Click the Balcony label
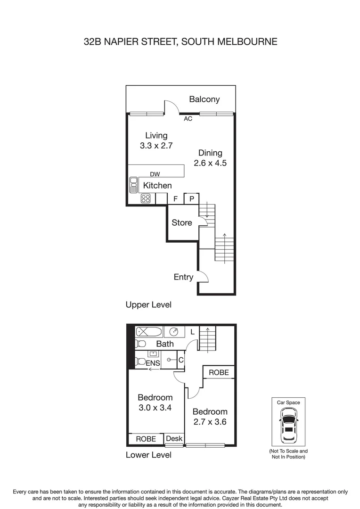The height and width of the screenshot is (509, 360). point(205,99)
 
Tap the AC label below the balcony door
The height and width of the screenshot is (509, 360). point(188,119)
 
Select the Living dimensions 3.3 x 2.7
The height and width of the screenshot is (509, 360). point(156,146)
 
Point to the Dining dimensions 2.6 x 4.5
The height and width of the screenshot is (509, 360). point(210,164)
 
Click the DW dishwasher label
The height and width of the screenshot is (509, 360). point(155,174)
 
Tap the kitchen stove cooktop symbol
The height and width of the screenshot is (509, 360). point(146,198)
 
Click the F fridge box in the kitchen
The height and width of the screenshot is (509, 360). point(175,199)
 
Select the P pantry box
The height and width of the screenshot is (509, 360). point(192,199)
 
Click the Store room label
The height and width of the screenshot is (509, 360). point(181,222)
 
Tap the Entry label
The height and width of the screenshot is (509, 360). point(183,277)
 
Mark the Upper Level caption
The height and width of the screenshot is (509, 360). point(148,304)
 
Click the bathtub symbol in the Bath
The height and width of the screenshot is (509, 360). point(149,332)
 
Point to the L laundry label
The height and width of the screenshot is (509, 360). point(192,332)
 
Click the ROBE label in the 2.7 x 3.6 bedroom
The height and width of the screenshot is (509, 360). point(219,372)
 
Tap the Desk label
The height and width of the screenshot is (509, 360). point(174,438)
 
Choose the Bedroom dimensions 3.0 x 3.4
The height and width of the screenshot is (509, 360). point(155,408)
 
